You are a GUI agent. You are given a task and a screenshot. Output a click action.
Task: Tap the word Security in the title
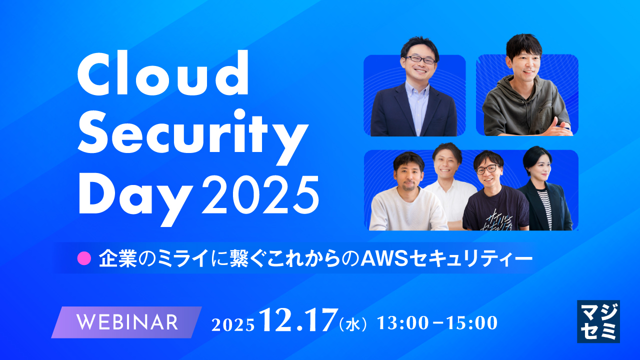tap(192, 131)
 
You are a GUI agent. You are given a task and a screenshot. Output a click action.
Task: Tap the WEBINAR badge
tap(127, 322)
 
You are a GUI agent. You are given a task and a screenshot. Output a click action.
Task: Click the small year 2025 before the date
tap(233, 324)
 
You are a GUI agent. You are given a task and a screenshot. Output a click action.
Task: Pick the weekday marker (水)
tap(353, 324)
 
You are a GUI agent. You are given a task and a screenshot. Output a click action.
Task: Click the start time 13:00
tap(402, 323)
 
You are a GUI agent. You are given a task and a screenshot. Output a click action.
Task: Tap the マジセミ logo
tap(598, 321)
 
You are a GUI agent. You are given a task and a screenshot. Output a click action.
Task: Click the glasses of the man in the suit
tap(420, 59)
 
